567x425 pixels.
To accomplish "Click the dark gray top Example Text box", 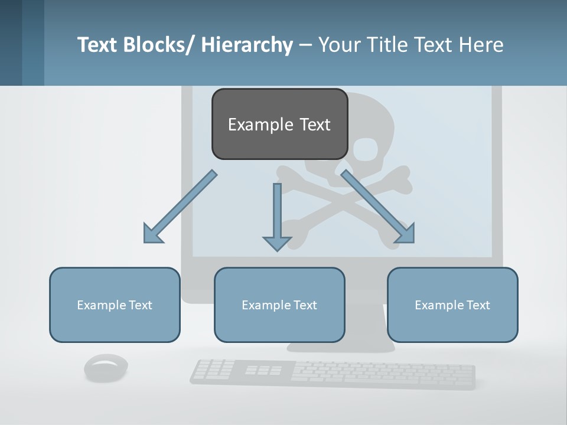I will [279, 124].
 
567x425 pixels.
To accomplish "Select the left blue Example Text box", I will [115, 305].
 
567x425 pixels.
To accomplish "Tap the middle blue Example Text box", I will [279, 305].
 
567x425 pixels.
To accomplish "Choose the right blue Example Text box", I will [452, 305].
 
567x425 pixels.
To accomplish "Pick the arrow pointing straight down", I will [277, 216].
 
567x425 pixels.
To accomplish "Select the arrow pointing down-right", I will [378, 207].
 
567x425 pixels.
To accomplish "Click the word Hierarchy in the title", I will [247, 44].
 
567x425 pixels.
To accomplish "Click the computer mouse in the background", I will [106, 368].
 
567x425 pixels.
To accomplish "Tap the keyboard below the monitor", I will [333, 374].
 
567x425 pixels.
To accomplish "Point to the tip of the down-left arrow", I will [145, 241].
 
